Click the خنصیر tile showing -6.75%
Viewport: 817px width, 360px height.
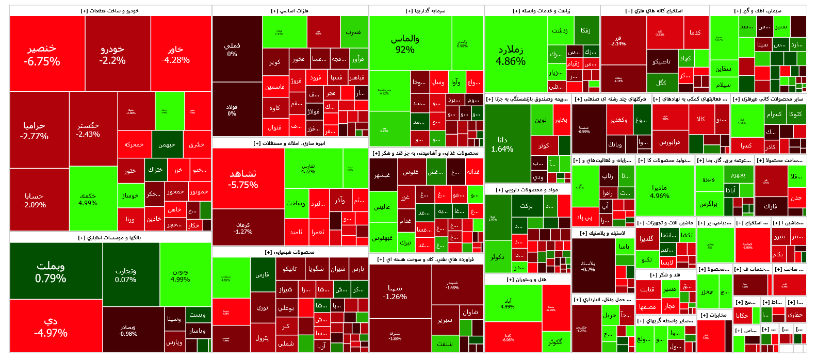click(42, 54)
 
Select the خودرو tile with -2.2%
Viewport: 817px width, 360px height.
click(112, 54)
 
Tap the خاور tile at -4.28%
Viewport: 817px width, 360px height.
click(175, 54)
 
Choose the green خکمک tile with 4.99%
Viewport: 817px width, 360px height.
click(88, 199)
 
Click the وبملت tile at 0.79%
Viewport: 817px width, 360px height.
click(51, 271)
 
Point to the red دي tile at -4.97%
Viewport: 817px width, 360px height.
click(51, 326)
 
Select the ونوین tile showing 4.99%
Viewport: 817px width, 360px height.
click(180, 275)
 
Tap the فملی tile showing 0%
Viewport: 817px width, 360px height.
click(232, 50)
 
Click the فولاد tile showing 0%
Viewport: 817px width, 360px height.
click(232, 110)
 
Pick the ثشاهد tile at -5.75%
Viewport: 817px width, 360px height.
click(243, 178)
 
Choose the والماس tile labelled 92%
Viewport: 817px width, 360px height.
click(405, 44)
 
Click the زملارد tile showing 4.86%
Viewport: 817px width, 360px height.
click(511, 55)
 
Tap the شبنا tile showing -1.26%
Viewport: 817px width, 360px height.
click(395, 292)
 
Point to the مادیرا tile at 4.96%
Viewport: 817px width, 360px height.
click(660, 191)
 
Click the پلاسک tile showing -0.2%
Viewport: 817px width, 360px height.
click(588, 266)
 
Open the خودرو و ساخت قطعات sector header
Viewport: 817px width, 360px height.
click(110, 10)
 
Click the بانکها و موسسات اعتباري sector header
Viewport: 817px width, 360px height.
click(110, 238)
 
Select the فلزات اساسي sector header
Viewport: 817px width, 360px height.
click(290, 10)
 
